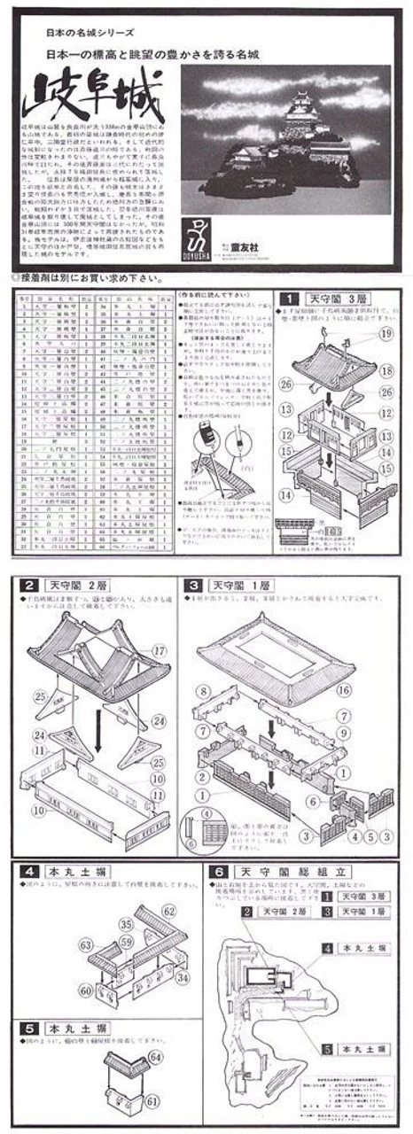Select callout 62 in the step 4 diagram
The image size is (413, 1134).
point(168,910)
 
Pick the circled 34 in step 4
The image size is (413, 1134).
point(182,976)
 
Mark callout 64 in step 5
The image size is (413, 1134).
point(156,1057)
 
